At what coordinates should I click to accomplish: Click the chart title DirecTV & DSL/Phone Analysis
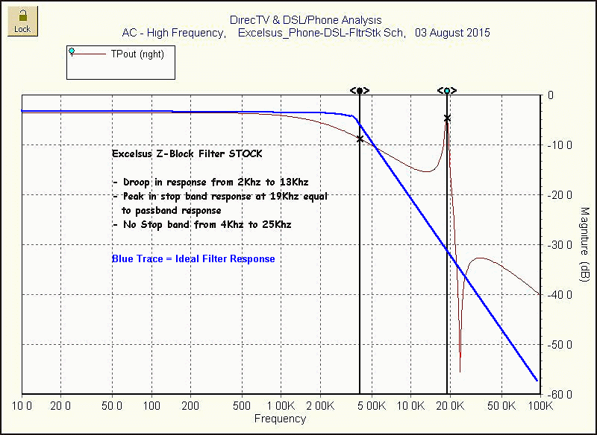[306, 20]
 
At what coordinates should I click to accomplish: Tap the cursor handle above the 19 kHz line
[446, 90]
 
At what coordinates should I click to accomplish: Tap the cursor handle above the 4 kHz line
[360, 90]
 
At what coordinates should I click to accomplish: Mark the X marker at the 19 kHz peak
[447, 118]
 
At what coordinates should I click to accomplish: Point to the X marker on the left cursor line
[360, 139]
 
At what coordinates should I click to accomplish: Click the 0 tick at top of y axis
[551, 95]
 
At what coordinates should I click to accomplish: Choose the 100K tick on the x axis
[539, 406]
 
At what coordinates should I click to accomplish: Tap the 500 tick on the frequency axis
[241, 406]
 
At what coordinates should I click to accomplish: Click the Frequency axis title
[280, 419]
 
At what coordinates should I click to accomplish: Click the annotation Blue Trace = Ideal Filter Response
[193, 259]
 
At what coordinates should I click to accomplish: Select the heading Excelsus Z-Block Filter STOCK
[187, 154]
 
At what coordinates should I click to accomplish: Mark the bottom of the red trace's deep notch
[460, 371]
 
